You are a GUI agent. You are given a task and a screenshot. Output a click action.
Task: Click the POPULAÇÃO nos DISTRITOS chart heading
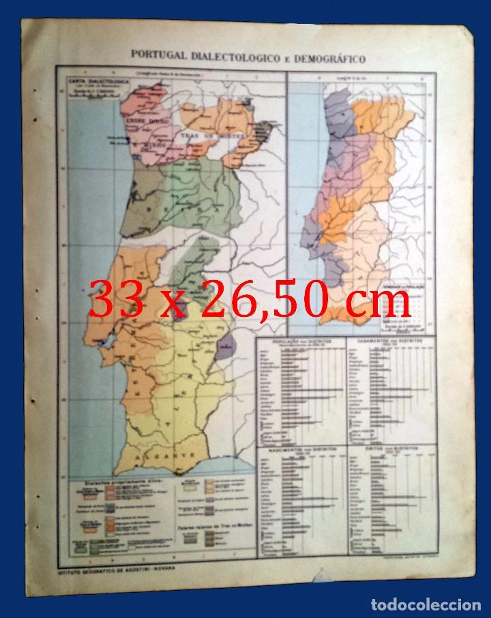click(x=299, y=339)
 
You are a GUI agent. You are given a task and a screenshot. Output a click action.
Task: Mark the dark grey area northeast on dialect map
click(x=271, y=131)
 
